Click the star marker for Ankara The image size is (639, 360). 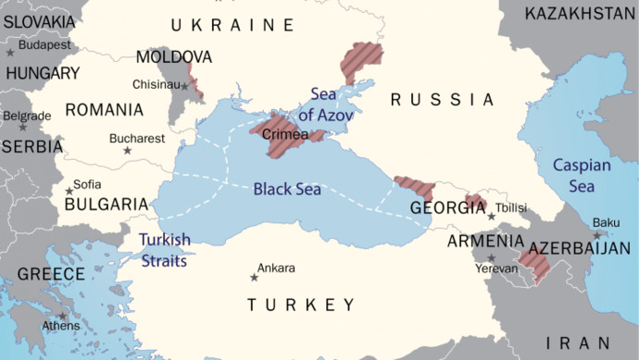(254, 277)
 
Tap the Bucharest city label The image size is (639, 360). (137, 139)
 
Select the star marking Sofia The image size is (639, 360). (69, 192)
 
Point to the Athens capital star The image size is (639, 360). (63, 317)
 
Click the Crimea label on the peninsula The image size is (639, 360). (285, 135)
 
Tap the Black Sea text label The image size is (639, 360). (287, 190)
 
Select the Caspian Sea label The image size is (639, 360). (582, 176)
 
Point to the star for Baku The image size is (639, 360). (598, 233)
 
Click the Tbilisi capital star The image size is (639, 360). (491, 217)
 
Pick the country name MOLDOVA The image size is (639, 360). (174, 57)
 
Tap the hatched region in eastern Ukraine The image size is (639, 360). (360, 59)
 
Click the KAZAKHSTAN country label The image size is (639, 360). (581, 13)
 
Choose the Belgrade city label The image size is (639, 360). (27, 116)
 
